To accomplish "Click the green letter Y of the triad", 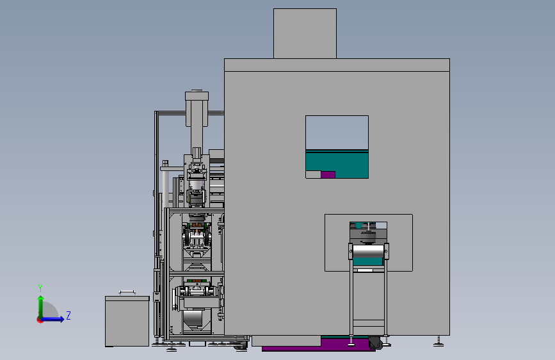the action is [40, 288].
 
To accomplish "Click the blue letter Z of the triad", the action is [68, 315].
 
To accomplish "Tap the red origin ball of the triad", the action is [40, 320].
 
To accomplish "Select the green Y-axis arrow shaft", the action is [41, 307].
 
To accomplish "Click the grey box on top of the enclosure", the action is [305, 34].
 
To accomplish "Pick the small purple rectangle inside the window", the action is [328, 175].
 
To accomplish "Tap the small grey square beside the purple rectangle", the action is [313, 175].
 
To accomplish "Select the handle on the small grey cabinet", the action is [127, 292].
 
